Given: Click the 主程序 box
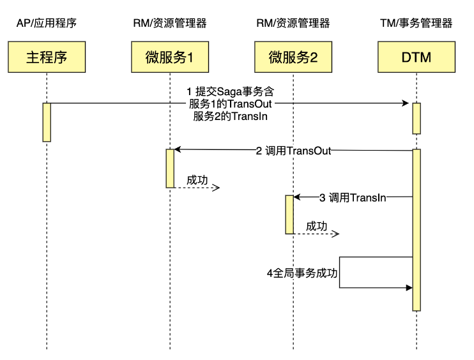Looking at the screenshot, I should [x=47, y=57].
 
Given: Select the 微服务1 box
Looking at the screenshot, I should [x=170, y=57].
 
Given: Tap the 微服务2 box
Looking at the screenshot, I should [x=293, y=57].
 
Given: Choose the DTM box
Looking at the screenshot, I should [x=417, y=57].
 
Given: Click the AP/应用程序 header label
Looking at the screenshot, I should [x=47, y=24].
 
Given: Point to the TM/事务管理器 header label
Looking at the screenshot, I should [x=417, y=24].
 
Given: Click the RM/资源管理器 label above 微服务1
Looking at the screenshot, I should [x=170, y=24].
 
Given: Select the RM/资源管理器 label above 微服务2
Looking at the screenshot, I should [x=293, y=24].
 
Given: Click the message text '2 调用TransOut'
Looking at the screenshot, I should [x=293, y=151].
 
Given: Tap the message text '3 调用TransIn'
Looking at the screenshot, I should [x=353, y=198].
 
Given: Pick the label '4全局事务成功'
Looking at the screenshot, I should [x=302, y=273].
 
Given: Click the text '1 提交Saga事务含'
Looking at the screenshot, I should [x=230, y=92].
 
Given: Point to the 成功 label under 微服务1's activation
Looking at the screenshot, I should [x=197, y=181].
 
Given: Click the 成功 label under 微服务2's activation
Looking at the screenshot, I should [x=316, y=227].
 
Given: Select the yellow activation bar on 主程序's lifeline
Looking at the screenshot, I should [x=47, y=122].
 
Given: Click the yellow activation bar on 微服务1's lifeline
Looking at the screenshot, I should [x=170, y=168].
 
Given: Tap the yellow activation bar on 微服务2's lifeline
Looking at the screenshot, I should [x=289, y=214].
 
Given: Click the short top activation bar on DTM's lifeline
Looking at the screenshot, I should [x=417, y=118].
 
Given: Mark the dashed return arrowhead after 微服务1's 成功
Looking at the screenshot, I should [x=217, y=188].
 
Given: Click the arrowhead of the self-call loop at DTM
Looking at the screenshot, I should [x=408, y=288].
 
